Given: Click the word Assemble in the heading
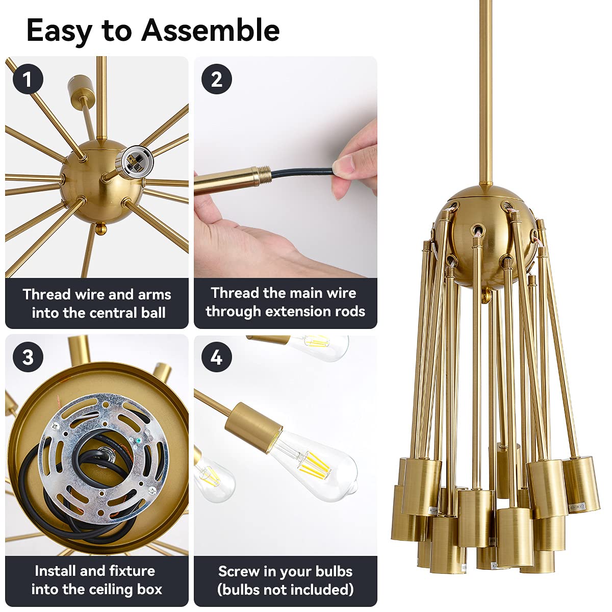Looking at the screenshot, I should (x=210, y=31).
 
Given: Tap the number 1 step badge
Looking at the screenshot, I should (x=27, y=80).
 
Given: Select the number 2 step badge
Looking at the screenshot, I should (x=216, y=80).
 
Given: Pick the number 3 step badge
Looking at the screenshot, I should (x=28, y=357).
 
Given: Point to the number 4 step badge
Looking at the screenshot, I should (x=216, y=357).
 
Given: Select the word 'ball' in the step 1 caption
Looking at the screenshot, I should (x=154, y=313).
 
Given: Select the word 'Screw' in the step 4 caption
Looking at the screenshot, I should (x=239, y=571).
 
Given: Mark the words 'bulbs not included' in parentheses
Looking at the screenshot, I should (x=286, y=590).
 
